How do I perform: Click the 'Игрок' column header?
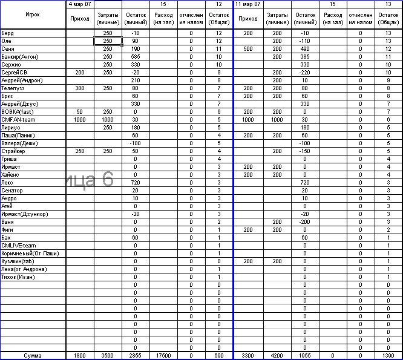(33, 14)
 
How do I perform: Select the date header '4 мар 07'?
(79, 4)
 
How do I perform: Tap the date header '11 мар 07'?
(248, 4)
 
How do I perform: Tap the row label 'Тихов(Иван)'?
(18, 277)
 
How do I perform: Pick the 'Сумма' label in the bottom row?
(33, 356)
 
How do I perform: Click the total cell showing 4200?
(277, 356)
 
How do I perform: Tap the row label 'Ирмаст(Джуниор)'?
(25, 214)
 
